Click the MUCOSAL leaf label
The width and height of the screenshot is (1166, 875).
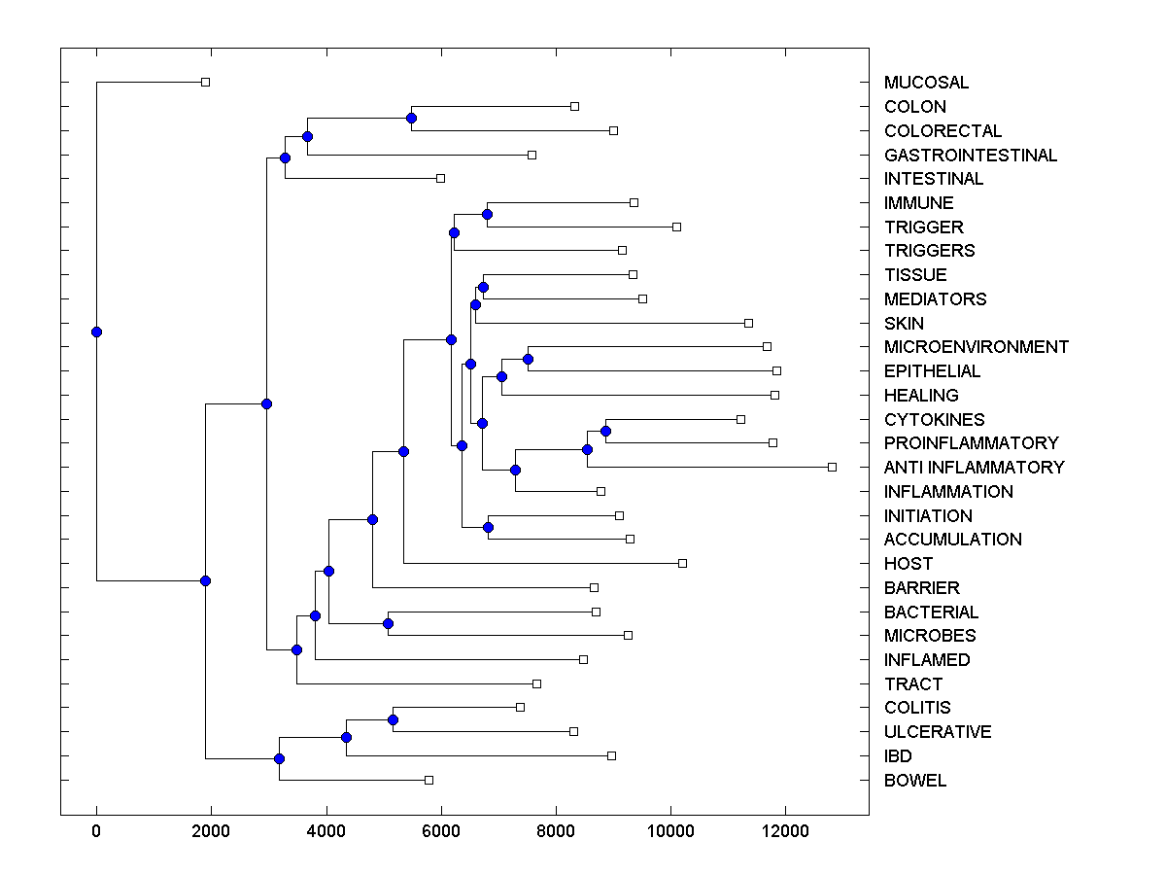(926, 83)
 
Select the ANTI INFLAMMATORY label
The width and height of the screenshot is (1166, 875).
(974, 468)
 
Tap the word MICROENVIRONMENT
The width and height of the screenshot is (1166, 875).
(976, 347)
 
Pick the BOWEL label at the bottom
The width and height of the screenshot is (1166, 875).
(914, 781)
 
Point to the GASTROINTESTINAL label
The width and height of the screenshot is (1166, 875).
(970, 156)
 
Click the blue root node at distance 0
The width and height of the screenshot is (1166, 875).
(96, 332)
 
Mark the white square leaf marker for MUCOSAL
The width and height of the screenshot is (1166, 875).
(205, 82)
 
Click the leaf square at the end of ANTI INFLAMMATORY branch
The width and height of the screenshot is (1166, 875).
(832, 467)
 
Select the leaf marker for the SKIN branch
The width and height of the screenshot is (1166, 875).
(748, 323)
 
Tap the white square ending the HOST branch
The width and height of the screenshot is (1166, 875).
(682, 563)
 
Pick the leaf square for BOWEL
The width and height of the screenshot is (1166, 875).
(429, 780)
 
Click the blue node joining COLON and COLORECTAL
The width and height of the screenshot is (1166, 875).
(411, 118)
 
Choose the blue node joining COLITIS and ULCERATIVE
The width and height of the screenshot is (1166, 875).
(393, 719)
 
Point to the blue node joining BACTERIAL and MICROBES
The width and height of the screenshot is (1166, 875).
(388, 623)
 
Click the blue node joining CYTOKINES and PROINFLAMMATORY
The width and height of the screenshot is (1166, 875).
(605, 431)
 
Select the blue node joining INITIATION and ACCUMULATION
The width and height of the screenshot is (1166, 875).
(488, 527)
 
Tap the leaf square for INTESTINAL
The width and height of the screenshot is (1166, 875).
(440, 178)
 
